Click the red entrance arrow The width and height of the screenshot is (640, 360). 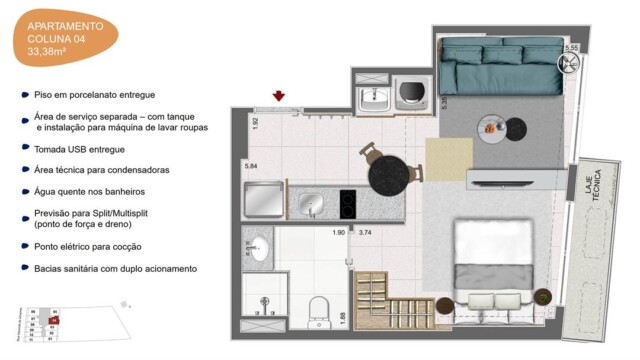(279, 96)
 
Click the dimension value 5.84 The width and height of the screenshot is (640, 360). (251, 165)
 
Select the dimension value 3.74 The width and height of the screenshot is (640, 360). (365, 233)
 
